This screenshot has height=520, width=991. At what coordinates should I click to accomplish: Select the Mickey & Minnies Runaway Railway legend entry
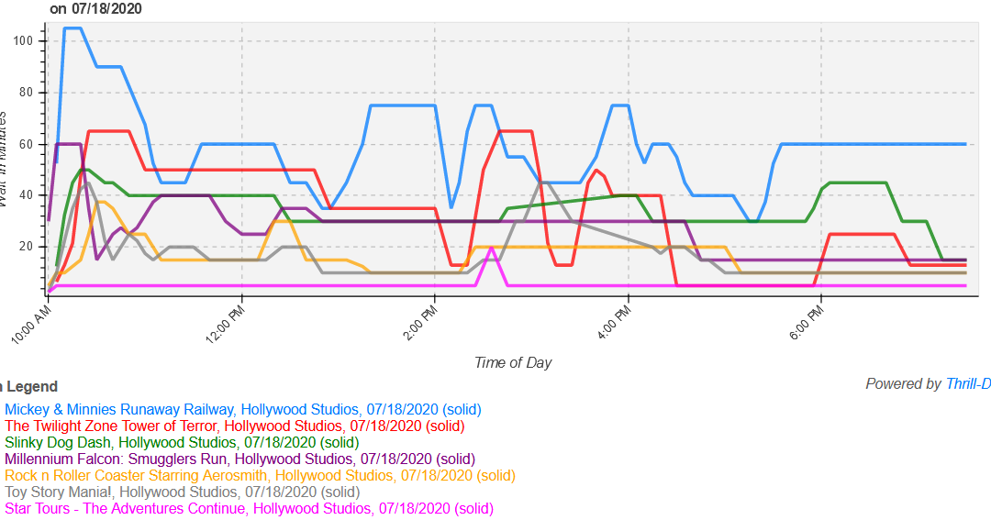243,409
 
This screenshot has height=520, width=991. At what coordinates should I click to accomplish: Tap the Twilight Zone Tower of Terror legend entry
235,426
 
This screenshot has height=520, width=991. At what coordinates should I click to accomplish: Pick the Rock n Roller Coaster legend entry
260,475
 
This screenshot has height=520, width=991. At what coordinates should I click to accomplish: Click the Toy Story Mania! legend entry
183,492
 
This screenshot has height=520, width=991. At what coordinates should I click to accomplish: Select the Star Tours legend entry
249,508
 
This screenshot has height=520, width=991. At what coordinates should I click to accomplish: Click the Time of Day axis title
513,362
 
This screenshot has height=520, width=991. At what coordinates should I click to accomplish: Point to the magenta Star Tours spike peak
492,249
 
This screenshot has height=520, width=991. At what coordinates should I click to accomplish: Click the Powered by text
904,384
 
